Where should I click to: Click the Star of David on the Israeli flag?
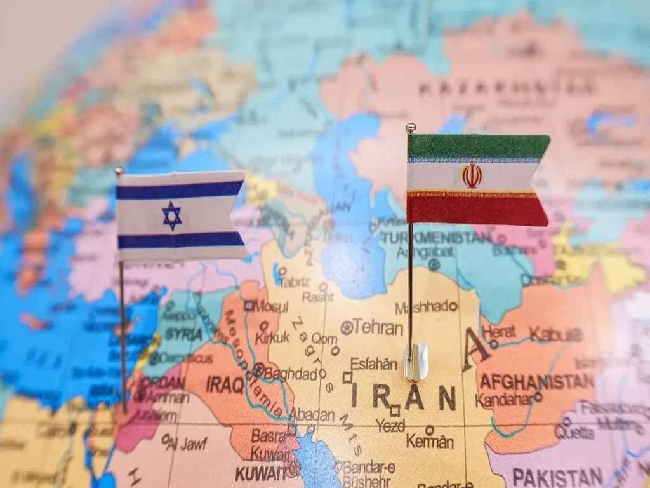click(171, 215)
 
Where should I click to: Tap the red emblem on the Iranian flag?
click(472, 175)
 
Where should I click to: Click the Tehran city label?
click(378, 327)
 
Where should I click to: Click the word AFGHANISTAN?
click(536, 381)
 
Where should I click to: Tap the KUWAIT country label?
click(260, 473)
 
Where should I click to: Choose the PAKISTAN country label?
click(557, 477)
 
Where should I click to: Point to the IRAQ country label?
click(225, 384)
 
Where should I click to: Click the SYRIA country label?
click(183, 334)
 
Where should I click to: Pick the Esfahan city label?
click(374, 364)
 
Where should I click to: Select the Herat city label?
click(498, 332)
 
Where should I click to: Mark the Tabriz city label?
click(295, 281)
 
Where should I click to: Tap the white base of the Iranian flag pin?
click(416, 362)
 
